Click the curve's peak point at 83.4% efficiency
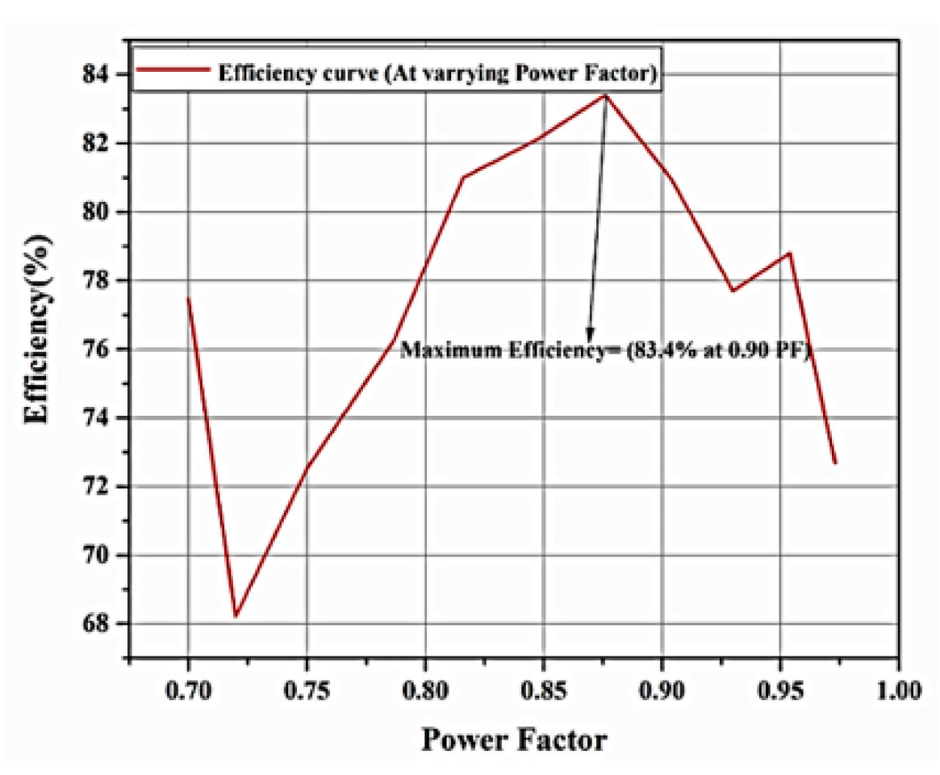(606, 94)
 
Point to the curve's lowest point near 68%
(236, 617)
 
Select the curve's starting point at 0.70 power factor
(188, 298)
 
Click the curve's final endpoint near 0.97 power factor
(835, 463)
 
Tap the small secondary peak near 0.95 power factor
(789, 253)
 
